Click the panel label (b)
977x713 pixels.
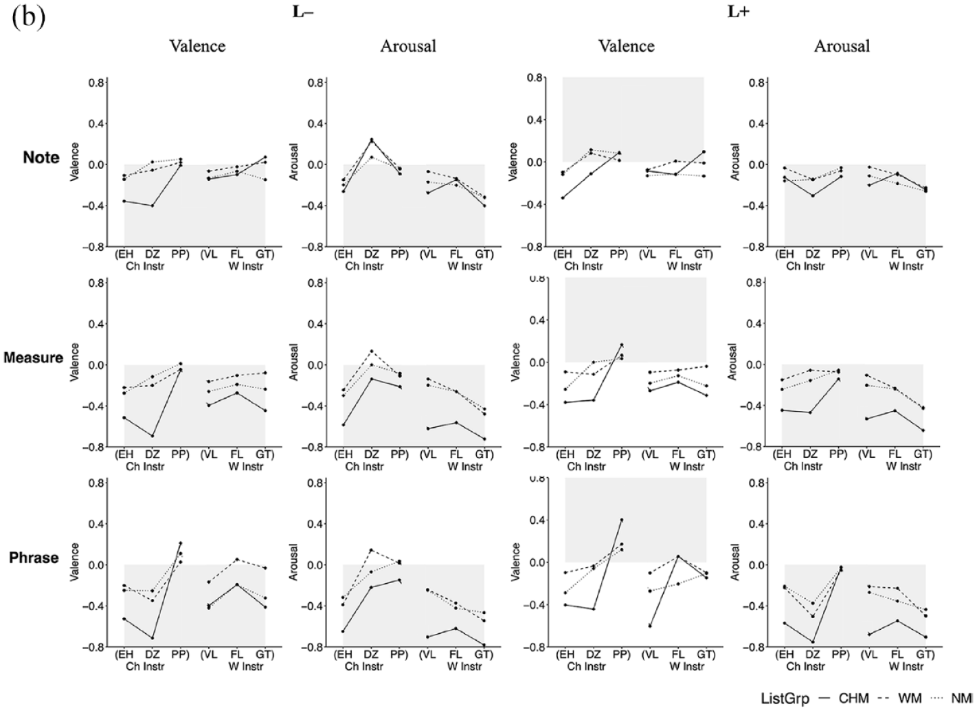[28, 18]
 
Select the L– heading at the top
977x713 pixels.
[303, 12]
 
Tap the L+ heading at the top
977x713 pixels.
[739, 12]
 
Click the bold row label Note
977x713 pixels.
[41, 157]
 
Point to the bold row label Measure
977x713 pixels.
[34, 358]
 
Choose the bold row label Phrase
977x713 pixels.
[34, 558]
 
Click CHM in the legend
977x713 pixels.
[853, 698]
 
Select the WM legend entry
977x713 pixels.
[910, 698]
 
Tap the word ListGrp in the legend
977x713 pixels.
[785, 699]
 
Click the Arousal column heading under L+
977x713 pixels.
[842, 46]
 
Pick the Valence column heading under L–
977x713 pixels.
[198, 46]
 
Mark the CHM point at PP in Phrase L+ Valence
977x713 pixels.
[622, 520]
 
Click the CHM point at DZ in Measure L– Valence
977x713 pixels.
[153, 436]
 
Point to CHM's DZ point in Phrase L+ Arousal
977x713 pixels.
[813, 642]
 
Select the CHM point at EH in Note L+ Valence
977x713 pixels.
[563, 198]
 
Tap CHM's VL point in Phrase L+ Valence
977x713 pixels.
[650, 626]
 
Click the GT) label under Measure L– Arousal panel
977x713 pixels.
[484, 454]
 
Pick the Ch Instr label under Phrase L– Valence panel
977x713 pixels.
[145, 667]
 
